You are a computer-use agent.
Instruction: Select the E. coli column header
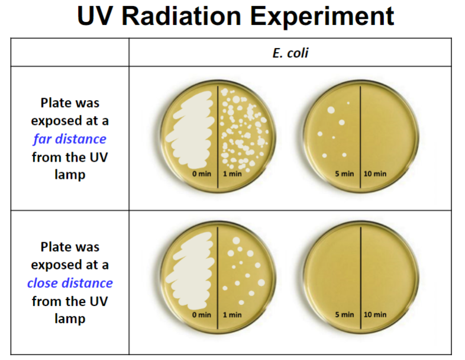click(x=290, y=53)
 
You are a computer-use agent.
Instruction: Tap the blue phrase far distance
click(x=70, y=139)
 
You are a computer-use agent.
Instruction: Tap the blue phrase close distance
click(x=70, y=283)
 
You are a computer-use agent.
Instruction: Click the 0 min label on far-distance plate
click(x=202, y=173)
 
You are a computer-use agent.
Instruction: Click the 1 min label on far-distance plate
click(x=233, y=173)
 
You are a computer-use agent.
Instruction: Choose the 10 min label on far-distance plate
click(x=375, y=173)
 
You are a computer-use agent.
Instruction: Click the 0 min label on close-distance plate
click(x=202, y=314)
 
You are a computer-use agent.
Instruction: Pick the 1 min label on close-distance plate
click(x=233, y=314)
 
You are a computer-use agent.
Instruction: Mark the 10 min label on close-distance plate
click(x=375, y=314)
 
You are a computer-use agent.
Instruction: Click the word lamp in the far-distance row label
click(x=70, y=175)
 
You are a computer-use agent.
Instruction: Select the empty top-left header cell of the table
click(x=70, y=53)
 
